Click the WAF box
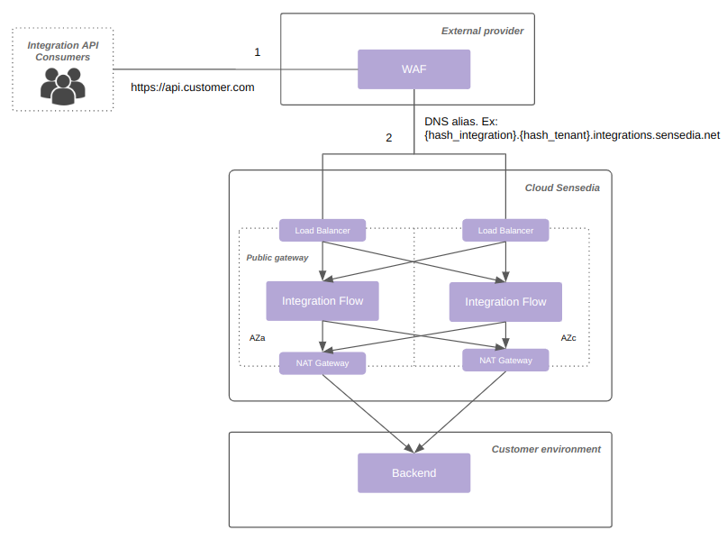(x=413, y=69)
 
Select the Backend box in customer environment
(x=413, y=472)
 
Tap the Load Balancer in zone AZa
(x=322, y=230)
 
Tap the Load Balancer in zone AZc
(x=504, y=230)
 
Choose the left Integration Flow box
(x=322, y=301)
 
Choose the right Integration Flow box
(x=504, y=302)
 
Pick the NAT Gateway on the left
(x=322, y=363)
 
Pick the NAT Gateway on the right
(x=504, y=361)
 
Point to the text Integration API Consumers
(x=63, y=50)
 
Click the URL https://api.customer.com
(x=193, y=87)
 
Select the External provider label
(x=482, y=31)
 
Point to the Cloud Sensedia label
(x=561, y=188)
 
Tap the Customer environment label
(x=545, y=449)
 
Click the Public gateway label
(x=277, y=258)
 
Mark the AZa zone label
(x=257, y=338)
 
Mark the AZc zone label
(x=568, y=338)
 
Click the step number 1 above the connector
(x=257, y=52)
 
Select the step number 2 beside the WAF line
(x=389, y=138)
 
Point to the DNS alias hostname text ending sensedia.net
(x=571, y=135)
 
